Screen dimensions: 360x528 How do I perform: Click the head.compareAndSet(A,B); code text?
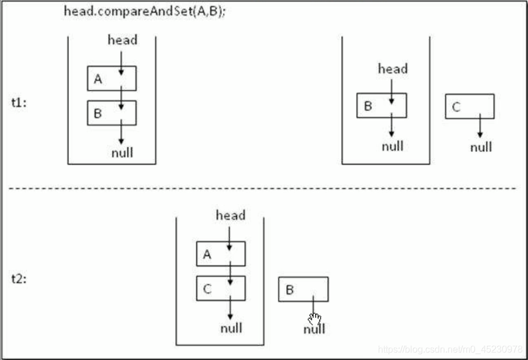point(145,11)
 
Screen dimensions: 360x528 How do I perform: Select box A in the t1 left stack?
point(112,78)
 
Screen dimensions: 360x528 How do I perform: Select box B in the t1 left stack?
point(112,113)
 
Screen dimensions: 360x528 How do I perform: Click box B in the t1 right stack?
point(381,105)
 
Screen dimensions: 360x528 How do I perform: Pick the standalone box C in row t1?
point(470,106)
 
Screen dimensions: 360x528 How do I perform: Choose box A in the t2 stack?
point(221,254)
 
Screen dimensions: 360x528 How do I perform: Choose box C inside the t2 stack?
point(221,288)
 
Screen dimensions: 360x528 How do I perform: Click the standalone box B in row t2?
point(303,289)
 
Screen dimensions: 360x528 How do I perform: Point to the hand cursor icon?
point(315,319)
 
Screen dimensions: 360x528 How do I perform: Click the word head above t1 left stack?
point(123,40)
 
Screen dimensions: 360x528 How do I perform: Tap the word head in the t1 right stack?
point(392,68)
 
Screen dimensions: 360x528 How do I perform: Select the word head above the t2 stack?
point(231,215)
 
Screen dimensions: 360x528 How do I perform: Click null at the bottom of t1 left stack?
point(122,153)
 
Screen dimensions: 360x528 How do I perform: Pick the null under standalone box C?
point(481,147)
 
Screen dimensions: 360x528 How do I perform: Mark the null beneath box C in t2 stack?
point(231,328)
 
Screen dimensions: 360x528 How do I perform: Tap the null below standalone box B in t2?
point(314,330)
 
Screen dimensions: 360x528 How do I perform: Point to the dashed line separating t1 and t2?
point(263,188)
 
